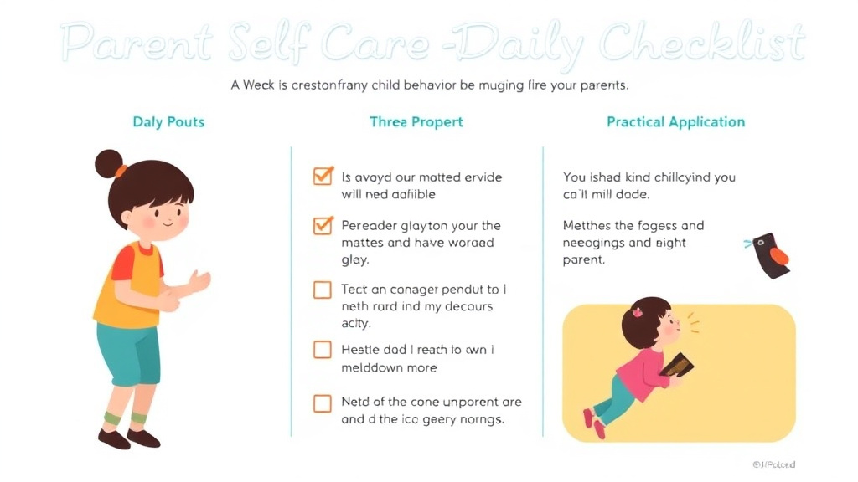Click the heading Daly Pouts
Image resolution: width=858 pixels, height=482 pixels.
coord(168,122)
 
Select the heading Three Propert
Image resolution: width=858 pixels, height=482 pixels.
coord(416,122)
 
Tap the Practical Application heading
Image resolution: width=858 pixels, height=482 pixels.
coord(675,122)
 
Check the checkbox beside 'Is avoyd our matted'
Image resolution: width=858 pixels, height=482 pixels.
coord(323,177)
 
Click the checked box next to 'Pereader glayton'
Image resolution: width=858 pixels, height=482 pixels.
coord(323,225)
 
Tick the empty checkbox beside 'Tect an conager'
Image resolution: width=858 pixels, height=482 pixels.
coord(323,290)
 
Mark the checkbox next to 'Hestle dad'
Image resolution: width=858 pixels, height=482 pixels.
coord(323,350)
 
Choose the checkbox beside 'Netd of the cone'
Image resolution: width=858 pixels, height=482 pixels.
coord(323,403)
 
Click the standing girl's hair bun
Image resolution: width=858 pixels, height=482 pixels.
coord(108,163)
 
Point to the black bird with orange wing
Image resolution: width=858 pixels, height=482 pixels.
coord(769,254)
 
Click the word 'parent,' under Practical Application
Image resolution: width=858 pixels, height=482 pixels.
coord(584,259)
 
